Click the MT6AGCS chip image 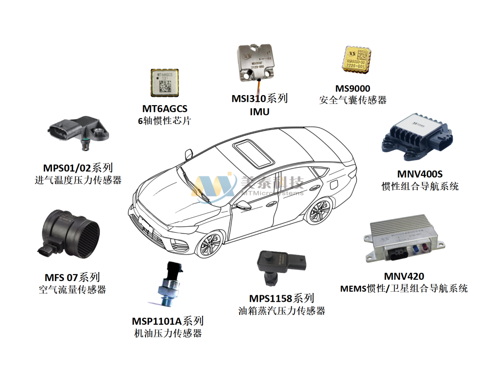pos(165,85)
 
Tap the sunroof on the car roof pos(252,154)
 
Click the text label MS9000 pos(353,88)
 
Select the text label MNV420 pos(404,276)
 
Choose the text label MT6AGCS pos(165,109)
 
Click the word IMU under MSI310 pos(259,112)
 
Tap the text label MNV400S pos(419,174)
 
